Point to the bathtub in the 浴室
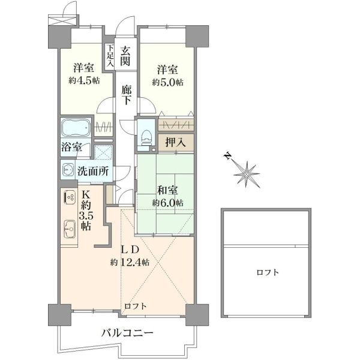click(x=76, y=128)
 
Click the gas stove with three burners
click(x=70, y=197)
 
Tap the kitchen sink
click(x=70, y=229)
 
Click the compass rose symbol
click(x=247, y=175)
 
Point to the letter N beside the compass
click(x=227, y=156)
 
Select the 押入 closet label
click(x=176, y=143)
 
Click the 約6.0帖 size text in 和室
click(x=168, y=203)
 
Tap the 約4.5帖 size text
click(x=84, y=80)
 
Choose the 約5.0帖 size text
click(x=168, y=82)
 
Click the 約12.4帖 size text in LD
click(x=130, y=262)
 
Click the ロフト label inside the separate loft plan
click(x=268, y=272)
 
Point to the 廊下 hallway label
click(x=127, y=95)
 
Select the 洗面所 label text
click(x=93, y=171)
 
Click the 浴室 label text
click(x=71, y=147)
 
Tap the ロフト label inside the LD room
click(x=136, y=306)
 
